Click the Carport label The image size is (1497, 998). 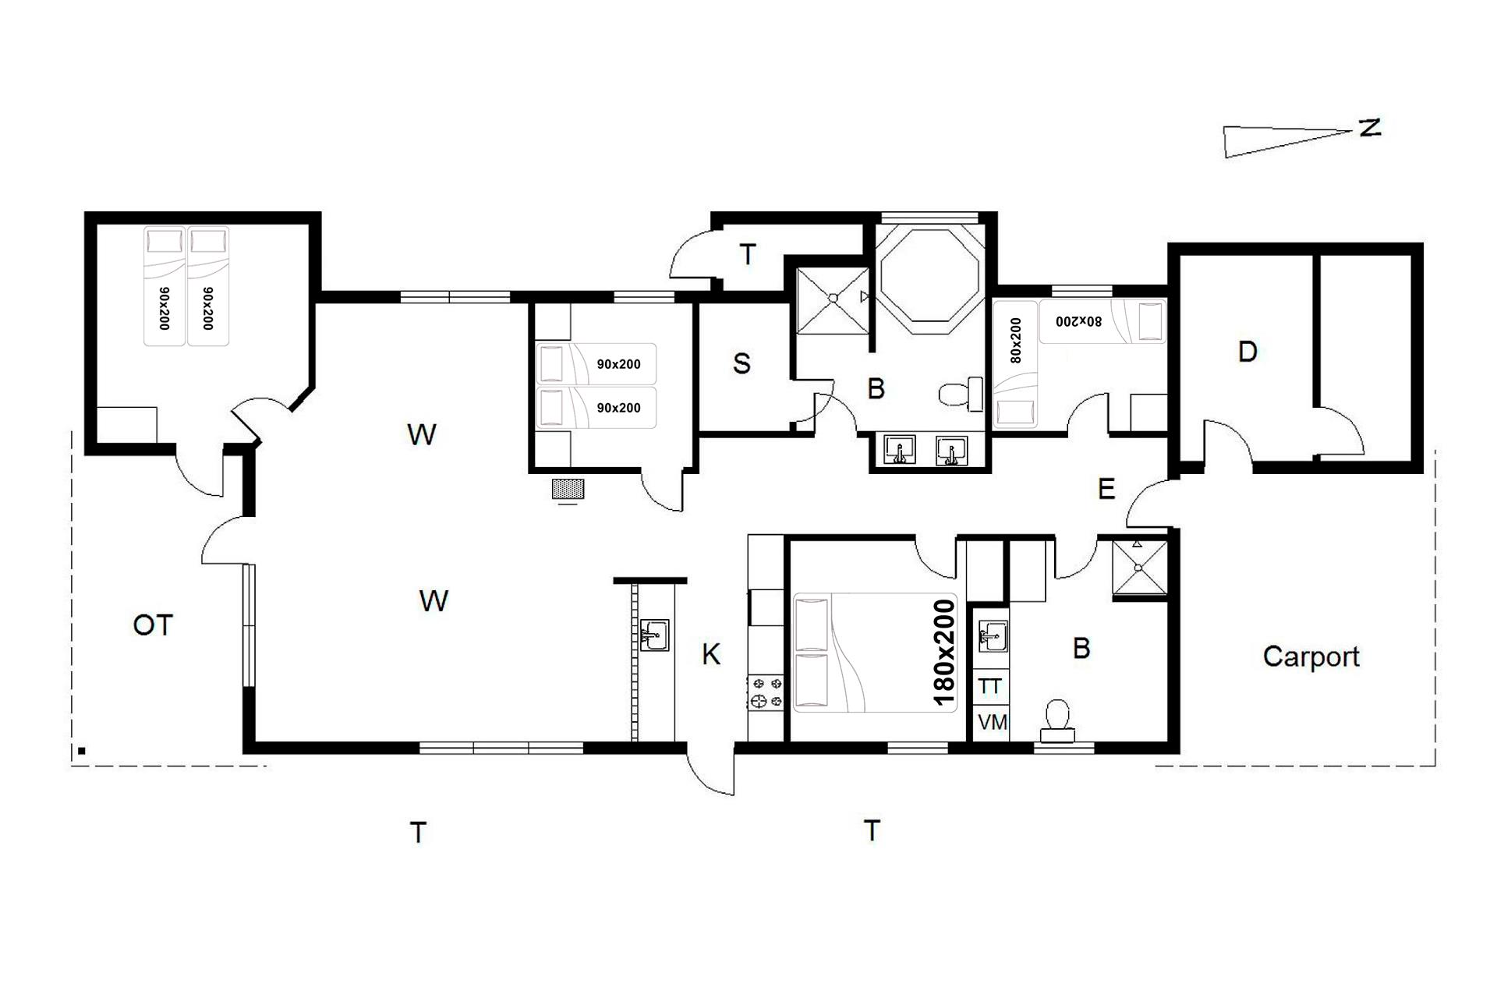(1311, 657)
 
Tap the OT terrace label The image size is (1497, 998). (153, 625)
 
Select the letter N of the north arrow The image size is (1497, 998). (1369, 128)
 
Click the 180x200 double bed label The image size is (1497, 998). (943, 653)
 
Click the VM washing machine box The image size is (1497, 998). (992, 723)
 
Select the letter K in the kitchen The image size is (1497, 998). (711, 655)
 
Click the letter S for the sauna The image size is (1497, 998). (741, 363)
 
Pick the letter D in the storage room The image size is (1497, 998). (1247, 352)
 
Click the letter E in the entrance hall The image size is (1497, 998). (1106, 489)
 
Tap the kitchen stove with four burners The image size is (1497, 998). (766, 692)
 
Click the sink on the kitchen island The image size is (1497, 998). (653, 635)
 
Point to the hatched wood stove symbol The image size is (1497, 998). (568, 489)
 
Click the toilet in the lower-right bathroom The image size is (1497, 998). (1057, 721)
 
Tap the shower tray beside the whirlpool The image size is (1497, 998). (833, 299)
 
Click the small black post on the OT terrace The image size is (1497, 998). (81, 752)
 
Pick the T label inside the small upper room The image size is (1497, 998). (748, 254)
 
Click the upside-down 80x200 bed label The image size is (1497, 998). (1078, 320)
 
